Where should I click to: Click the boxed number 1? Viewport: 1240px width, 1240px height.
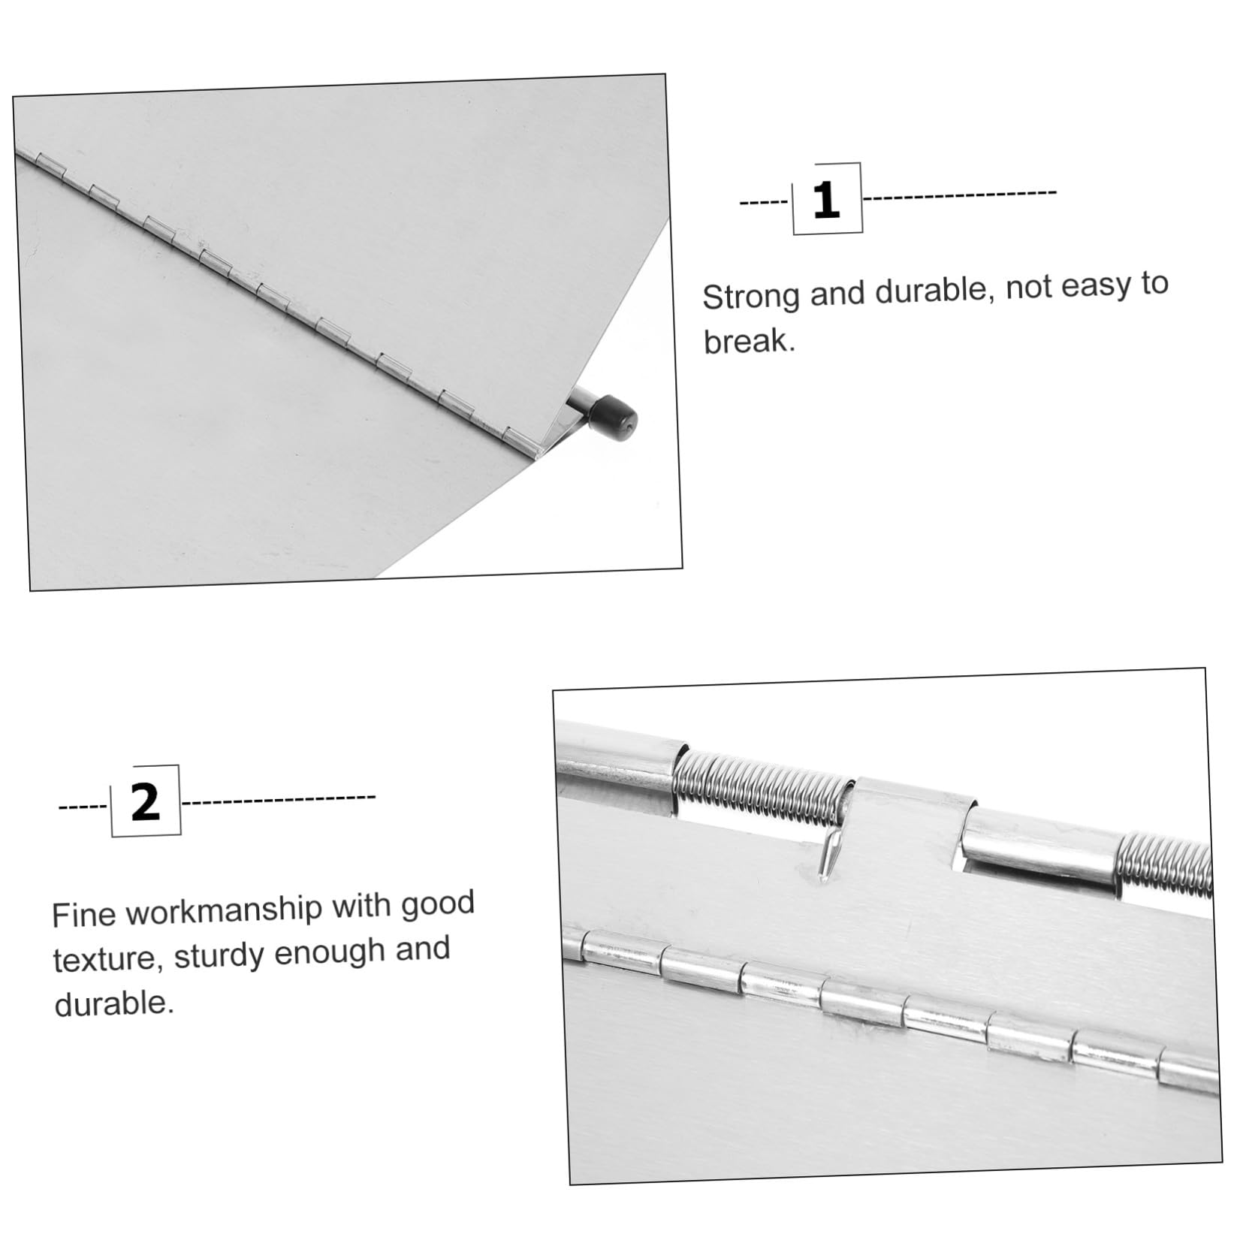[827, 200]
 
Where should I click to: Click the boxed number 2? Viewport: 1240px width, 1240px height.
[146, 801]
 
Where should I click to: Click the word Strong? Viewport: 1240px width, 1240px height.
[751, 296]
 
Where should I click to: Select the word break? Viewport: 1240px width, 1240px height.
[749, 342]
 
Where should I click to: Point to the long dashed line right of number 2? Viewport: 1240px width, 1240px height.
[279, 799]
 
